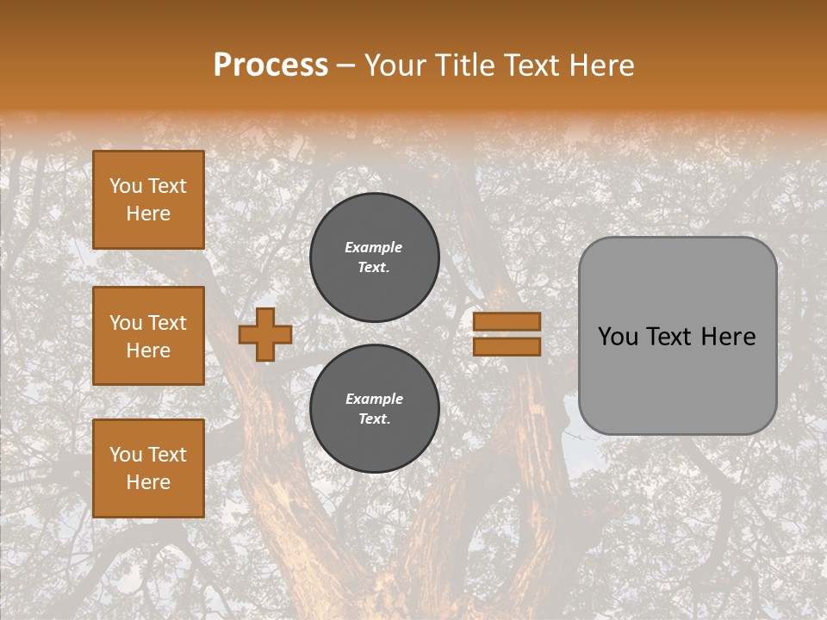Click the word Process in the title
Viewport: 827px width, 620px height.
(x=270, y=65)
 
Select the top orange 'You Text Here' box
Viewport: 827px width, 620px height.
(x=148, y=200)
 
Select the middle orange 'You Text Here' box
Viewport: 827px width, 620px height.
(x=148, y=336)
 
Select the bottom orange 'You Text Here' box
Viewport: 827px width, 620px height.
(x=148, y=468)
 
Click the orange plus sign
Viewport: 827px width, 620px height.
(x=265, y=334)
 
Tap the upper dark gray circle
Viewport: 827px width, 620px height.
(x=374, y=257)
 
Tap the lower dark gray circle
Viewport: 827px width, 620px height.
(x=374, y=409)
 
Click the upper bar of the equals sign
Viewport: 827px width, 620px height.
(x=507, y=321)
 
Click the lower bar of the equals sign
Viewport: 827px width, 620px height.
(x=507, y=346)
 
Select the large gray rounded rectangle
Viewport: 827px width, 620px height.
(x=677, y=379)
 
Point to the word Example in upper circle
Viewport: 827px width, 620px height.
(x=374, y=247)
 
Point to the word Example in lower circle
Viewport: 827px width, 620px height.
(x=374, y=399)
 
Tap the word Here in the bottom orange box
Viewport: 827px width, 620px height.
(x=148, y=482)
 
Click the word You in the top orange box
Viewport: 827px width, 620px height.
(x=126, y=186)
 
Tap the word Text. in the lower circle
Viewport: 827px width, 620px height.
(x=374, y=419)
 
